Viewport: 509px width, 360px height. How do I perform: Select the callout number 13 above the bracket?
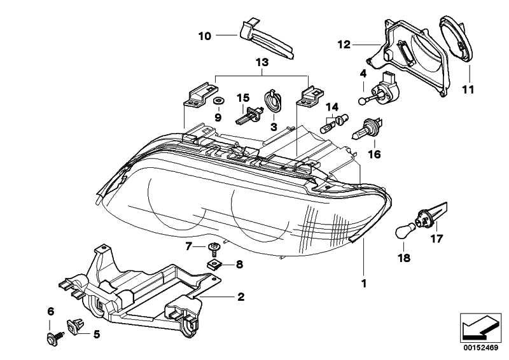click(x=262, y=63)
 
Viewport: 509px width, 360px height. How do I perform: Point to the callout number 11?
click(x=468, y=90)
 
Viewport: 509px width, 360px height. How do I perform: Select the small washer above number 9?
click(x=218, y=101)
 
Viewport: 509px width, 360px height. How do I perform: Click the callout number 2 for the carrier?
click(x=241, y=296)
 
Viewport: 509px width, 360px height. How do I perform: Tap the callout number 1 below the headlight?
click(x=365, y=283)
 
